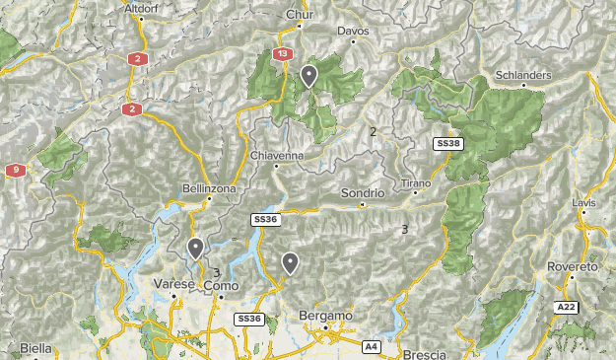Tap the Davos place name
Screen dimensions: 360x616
(x=353, y=32)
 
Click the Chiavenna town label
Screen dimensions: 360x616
(x=277, y=156)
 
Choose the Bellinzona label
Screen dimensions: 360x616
(x=208, y=187)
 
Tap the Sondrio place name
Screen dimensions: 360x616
(x=362, y=193)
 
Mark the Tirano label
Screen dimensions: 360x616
(x=417, y=184)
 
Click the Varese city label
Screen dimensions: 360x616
(x=171, y=284)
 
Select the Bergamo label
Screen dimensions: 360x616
(x=324, y=316)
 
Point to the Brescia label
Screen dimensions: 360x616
(x=425, y=353)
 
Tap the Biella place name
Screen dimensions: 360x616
(x=35, y=348)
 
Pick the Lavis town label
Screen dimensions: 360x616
(x=583, y=202)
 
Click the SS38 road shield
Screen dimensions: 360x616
(x=447, y=144)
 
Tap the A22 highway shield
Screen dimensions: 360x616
(x=565, y=307)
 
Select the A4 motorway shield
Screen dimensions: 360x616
(x=372, y=347)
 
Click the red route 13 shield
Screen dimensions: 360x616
(x=284, y=54)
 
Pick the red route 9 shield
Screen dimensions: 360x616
(x=15, y=171)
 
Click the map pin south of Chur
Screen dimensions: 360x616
(x=309, y=75)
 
